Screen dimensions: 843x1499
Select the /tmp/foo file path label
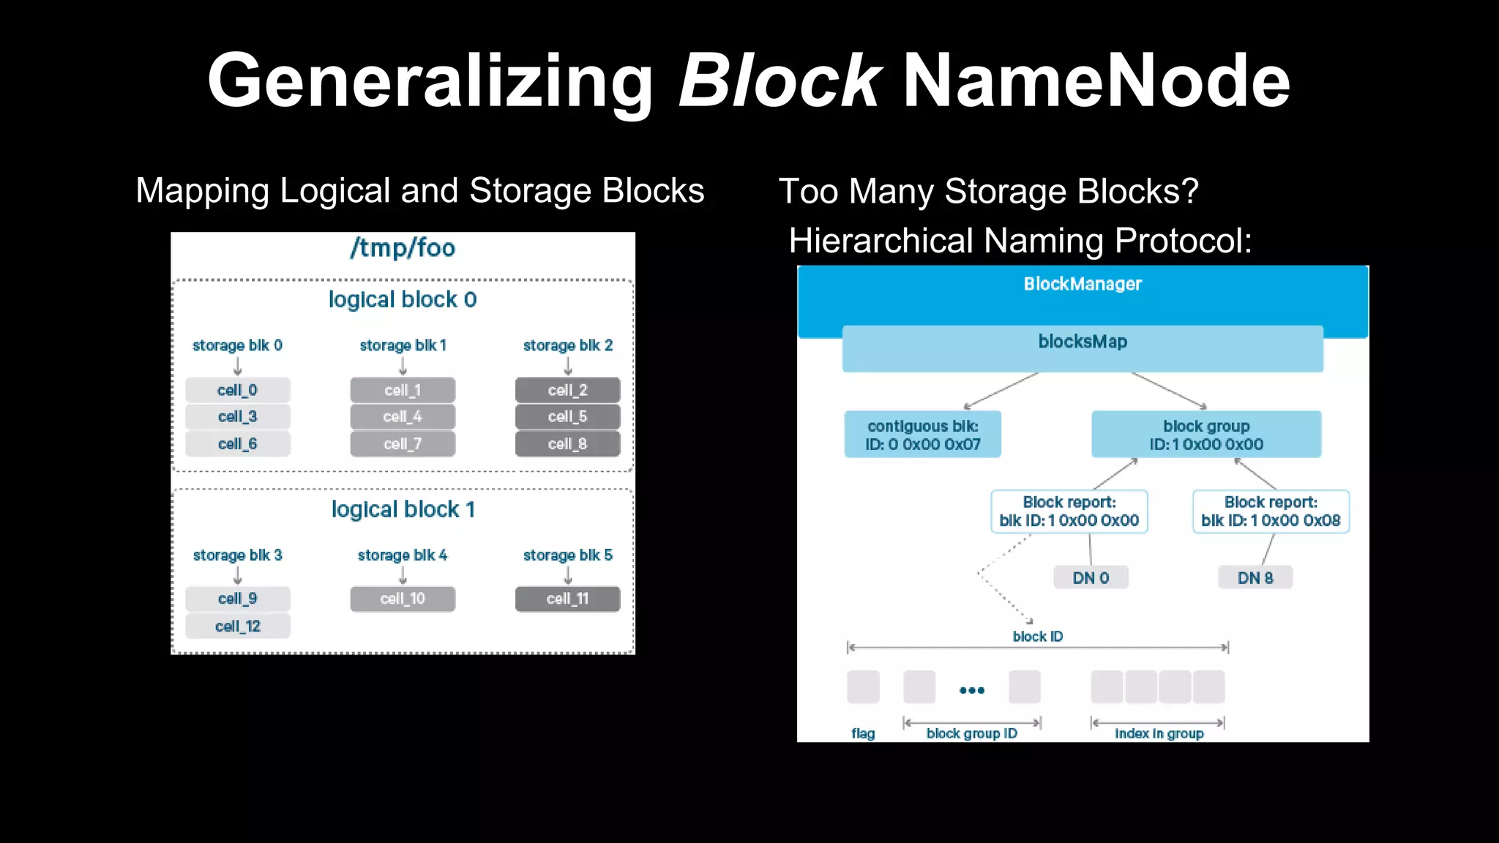point(403,248)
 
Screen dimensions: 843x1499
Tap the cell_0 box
point(237,390)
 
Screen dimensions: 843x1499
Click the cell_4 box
point(403,416)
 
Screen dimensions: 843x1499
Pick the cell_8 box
point(567,443)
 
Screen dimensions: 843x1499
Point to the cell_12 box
point(237,626)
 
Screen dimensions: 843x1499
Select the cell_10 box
point(403,599)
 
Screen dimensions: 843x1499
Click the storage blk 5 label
point(567,555)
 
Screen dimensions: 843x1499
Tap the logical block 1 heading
point(403,509)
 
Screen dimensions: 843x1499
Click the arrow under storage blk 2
point(568,365)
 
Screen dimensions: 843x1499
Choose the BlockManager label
point(1083,284)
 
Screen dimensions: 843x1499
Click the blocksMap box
point(1083,348)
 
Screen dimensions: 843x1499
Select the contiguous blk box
point(922,435)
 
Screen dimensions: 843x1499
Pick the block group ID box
point(1206,435)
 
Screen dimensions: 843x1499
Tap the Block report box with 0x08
point(1271,512)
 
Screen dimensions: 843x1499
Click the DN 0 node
point(1091,577)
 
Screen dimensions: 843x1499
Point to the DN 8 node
point(1255,577)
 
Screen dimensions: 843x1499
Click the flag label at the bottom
point(863,733)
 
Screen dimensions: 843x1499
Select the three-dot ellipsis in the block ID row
point(972,690)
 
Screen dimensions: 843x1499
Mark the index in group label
point(1159,733)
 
